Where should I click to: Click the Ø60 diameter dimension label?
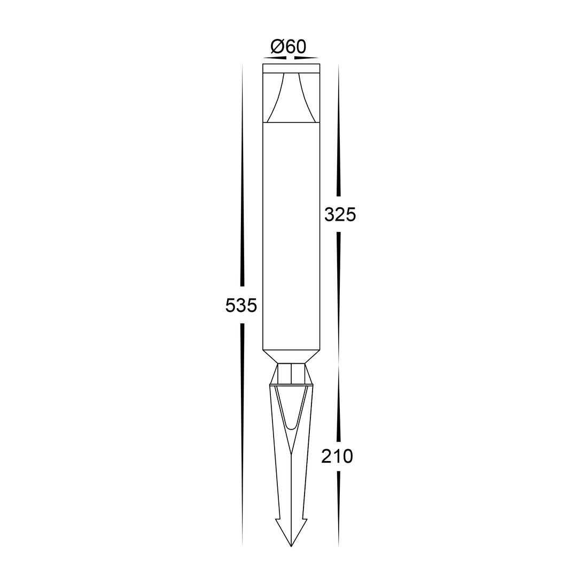(x=288, y=47)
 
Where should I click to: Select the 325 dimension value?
(x=340, y=215)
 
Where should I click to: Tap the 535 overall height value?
(x=241, y=306)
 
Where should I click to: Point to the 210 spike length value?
(x=337, y=457)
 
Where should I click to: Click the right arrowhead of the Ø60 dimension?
(x=307, y=57)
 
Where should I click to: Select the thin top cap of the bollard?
(x=291, y=68)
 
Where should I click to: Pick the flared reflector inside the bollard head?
(x=291, y=99)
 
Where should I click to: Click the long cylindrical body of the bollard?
(x=291, y=235)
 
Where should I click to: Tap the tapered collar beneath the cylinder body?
(x=291, y=356)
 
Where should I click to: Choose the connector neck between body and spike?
(x=291, y=373)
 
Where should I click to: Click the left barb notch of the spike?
(x=277, y=519)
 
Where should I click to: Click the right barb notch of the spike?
(x=305, y=519)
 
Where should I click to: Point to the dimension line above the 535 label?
(x=243, y=214)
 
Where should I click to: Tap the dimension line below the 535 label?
(x=243, y=427)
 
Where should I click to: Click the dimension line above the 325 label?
(x=339, y=134)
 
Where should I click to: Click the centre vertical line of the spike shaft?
(x=291, y=497)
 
